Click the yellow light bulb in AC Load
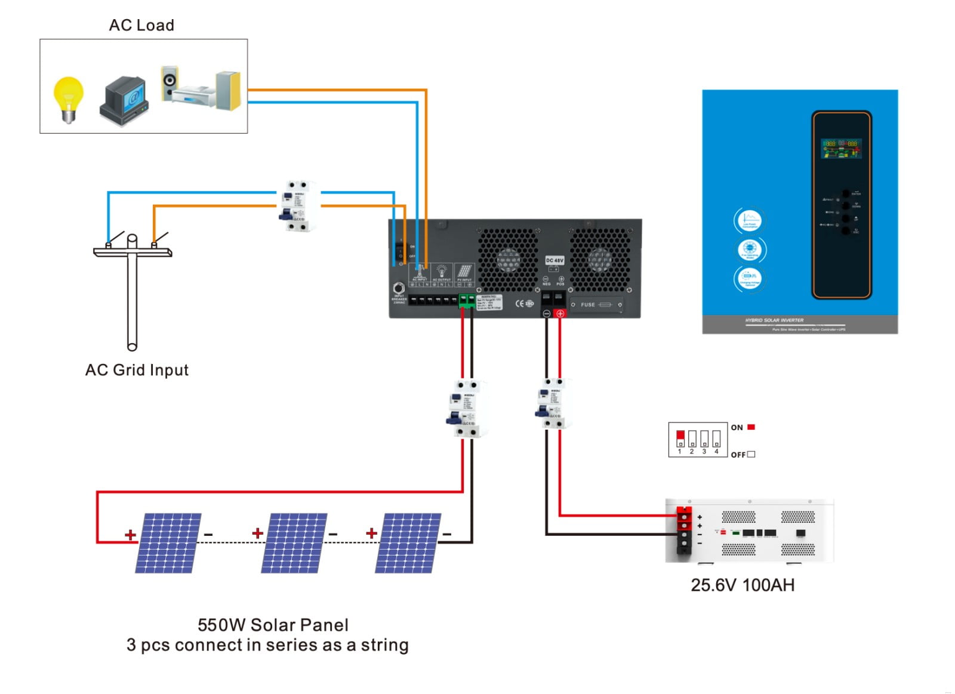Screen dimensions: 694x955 click(x=68, y=98)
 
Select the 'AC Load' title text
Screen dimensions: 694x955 click(x=141, y=25)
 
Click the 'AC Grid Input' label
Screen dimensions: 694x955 click(x=137, y=370)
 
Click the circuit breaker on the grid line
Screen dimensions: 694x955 click(x=298, y=206)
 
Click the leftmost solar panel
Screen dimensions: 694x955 click(x=168, y=543)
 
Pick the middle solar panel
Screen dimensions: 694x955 click(x=294, y=543)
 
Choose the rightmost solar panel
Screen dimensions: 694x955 click(x=408, y=543)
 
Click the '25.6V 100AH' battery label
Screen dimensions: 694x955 click(x=743, y=585)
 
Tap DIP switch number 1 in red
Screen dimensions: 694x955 click(x=680, y=438)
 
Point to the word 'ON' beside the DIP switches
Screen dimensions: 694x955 click(x=737, y=427)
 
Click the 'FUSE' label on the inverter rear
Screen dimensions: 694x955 click(x=588, y=305)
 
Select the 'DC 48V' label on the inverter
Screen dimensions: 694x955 click(x=554, y=261)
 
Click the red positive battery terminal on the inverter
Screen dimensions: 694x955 click(x=560, y=313)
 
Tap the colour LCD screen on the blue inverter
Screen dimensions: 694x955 click(x=841, y=149)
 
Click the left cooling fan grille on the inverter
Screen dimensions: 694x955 click(x=508, y=260)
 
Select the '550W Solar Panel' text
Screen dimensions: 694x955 click(x=273, y=625)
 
